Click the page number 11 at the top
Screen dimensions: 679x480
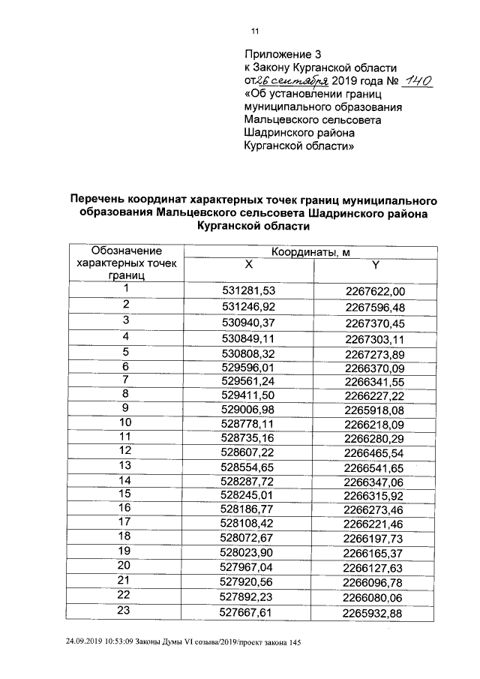[254, 31]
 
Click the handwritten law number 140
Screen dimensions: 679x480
[418, 81]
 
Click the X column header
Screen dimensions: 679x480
[250, 265]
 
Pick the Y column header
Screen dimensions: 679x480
[376, 265]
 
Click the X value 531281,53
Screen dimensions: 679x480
[250, 290]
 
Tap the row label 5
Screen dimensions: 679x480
[127, 351]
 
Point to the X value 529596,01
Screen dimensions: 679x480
[250, 367]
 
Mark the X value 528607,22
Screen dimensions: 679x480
[250, 454]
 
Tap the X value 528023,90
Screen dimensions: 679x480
[250, 552]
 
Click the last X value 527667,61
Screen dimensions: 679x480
[250, 613]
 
